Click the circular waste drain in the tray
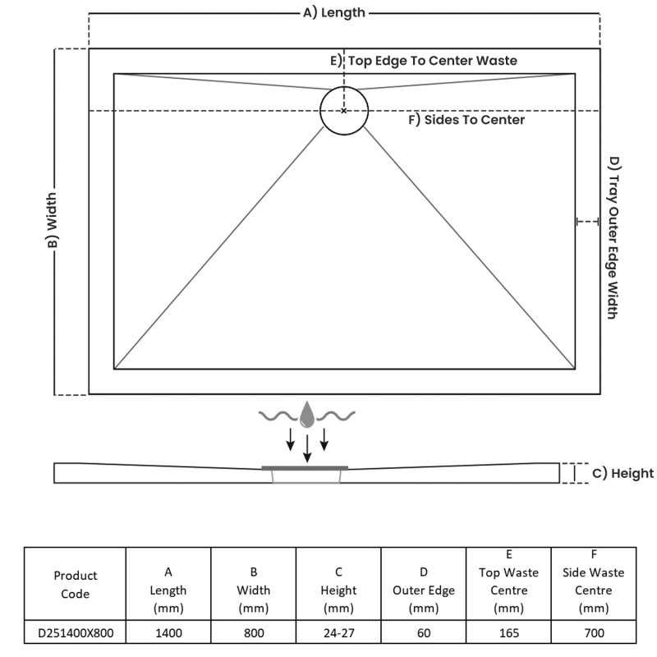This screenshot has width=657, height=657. (344, 110)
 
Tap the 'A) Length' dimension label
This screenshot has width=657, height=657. (334, 12)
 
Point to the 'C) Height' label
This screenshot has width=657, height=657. (623, 473)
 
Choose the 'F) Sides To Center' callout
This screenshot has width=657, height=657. (466, 120)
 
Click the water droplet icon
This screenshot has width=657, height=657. (307, 415)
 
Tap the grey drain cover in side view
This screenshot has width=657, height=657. (306, 467)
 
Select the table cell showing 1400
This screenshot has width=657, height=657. (168, 632)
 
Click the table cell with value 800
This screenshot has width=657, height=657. (254, 632)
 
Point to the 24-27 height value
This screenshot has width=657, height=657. (338, 632)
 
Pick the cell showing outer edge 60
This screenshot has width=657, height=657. (424, 632)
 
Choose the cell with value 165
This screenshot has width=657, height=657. (508, 632)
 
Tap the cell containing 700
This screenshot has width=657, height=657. (594, 632)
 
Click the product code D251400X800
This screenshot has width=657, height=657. (75, 632)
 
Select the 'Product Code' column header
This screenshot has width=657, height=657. (75, 584)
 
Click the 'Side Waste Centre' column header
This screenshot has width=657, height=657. (594, 581)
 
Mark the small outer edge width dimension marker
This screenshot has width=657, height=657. (587, 221)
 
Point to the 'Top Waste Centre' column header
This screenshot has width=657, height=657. (508, 581)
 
